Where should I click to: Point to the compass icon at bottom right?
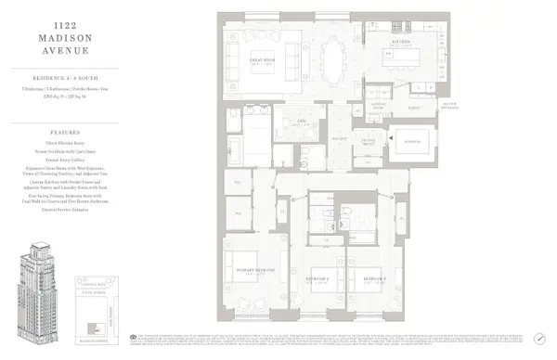pos(539,339)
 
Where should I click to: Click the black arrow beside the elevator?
pos(393,139)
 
